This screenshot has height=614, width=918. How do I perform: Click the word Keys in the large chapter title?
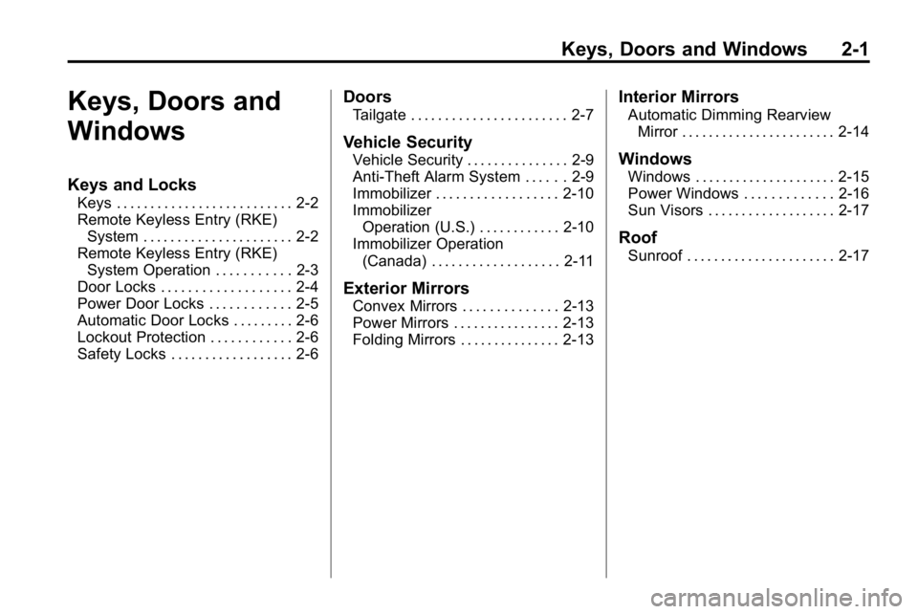[103, 101]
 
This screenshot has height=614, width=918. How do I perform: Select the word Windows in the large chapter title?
[126, 132]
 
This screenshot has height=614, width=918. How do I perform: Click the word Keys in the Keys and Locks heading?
[88, 186]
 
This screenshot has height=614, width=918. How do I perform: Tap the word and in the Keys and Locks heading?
[130, 186]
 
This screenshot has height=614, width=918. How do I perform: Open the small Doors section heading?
[367, 98]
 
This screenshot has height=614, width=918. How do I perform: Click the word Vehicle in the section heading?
[371, 143]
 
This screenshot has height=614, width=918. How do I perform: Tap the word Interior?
[647, 98]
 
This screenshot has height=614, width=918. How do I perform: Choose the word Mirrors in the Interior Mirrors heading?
[710, 98]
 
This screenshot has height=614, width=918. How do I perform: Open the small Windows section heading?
[655, 160]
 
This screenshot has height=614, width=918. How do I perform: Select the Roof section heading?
[638, 238]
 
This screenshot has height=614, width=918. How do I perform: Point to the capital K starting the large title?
[77, 101]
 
